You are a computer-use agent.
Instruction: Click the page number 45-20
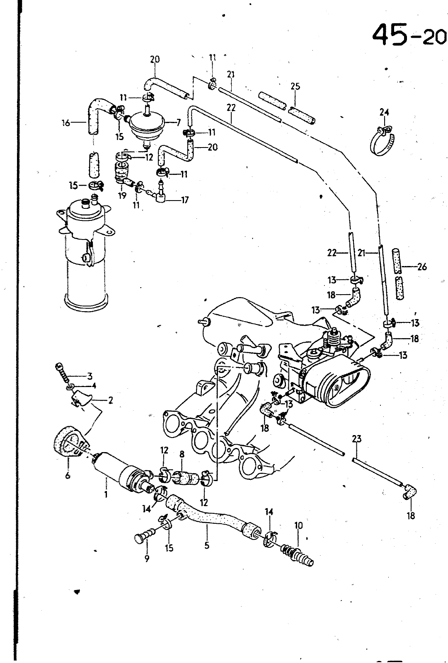coord(409,35)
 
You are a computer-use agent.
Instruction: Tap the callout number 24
coord(385,112)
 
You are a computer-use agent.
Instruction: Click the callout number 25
coord(295,87)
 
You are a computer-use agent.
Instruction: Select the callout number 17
coord(184,200)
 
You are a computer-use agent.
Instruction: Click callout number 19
coord(122,195)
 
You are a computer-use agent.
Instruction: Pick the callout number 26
coord(422,267)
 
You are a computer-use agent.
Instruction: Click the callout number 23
coord(357,438)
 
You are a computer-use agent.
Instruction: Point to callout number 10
coord(298,525)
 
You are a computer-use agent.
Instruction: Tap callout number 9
coord(147,559)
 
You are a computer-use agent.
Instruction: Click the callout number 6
coord(68,476)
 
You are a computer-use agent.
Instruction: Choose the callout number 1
coord(106,494)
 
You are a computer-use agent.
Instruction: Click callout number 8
coord(182,455)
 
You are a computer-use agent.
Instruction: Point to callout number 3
coord(90,376)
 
